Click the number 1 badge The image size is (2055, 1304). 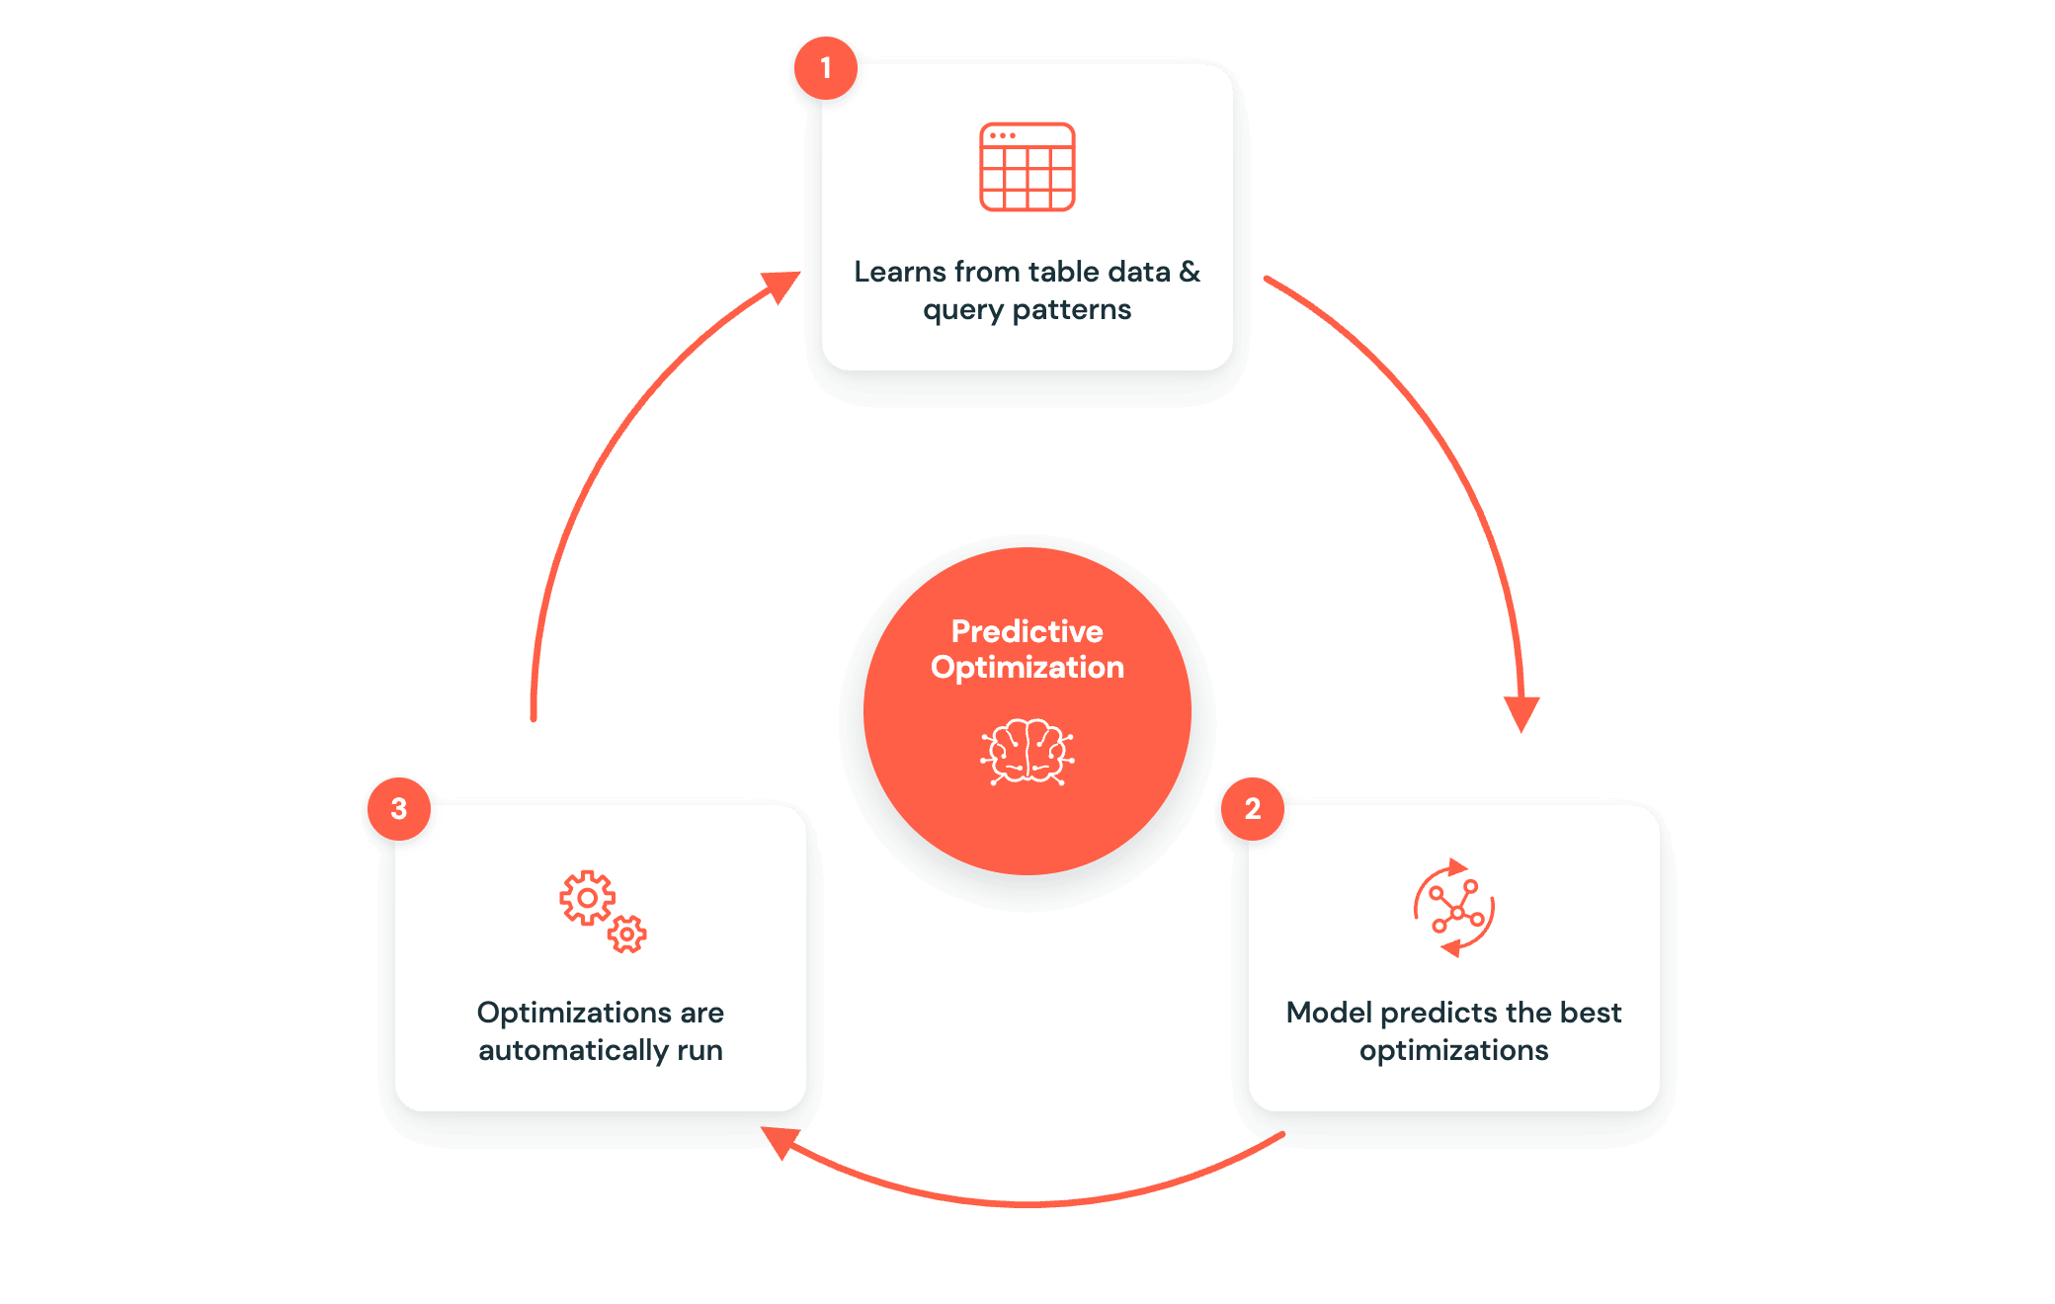pos(826,68)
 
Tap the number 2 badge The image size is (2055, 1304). pos(1253,809)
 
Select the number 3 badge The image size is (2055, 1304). pos(399,809)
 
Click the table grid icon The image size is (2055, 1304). pos(1027,167)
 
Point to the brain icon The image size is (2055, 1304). pos(1027,752)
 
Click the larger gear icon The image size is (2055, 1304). pos(587,898)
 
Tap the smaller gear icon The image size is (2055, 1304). pos(626,934)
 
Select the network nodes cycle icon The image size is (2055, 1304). pos(1454,908)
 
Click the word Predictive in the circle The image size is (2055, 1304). pos(1027,631)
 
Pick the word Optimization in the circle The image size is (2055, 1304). pos(1027,668)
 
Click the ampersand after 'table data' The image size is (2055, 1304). pos(1191,272)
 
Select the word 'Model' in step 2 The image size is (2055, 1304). pos(1329,1013)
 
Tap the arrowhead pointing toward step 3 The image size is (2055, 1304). pos(780,1142)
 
